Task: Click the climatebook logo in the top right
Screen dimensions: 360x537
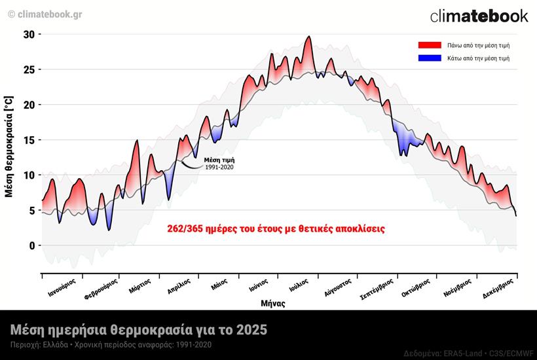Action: coord(479,16)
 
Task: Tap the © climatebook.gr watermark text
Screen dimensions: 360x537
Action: coord(45,14)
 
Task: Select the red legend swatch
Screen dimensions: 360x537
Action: coord(430,45)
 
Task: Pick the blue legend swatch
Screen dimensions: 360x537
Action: coord(430,58)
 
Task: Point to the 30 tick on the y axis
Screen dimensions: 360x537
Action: coord(28,34)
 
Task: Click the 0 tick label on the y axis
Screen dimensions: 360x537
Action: coord(31,245)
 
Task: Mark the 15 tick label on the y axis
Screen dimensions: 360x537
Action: coord(28,140)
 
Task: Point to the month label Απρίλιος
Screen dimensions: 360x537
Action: coord(179,287)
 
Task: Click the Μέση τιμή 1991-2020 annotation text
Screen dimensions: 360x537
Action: coord(219,164)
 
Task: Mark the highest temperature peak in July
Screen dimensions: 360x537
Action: coord(309,37)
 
